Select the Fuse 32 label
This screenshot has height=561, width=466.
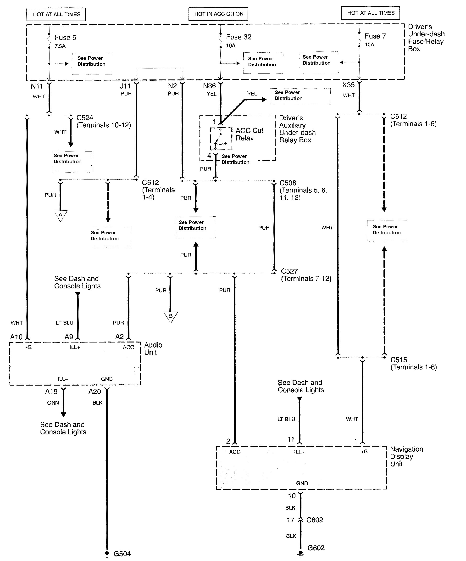tap(239, 37)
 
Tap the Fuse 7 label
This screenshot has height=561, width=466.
tap(375, 36)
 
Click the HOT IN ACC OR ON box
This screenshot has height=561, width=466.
tap(218, 14)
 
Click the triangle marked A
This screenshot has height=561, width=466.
tap(60, 215)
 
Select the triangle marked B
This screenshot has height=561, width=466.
tap(171, 316)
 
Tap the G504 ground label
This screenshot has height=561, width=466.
tap(122, 554)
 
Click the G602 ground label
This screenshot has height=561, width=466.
tap(316, 548)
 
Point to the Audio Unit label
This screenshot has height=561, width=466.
tap(153, 348)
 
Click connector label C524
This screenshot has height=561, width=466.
tap(85, 118)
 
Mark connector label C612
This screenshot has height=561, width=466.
tap(150, 182)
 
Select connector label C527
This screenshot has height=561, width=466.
tap(289, 271)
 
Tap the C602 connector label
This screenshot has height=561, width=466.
tap(315, 520)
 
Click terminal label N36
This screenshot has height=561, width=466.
tap(209, 86)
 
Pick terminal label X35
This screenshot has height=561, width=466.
tap(348, 85)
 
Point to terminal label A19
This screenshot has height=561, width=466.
tap(51, 392)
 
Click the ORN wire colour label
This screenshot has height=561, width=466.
tap(53, 403)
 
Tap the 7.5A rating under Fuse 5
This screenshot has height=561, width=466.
tap(60, 46)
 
